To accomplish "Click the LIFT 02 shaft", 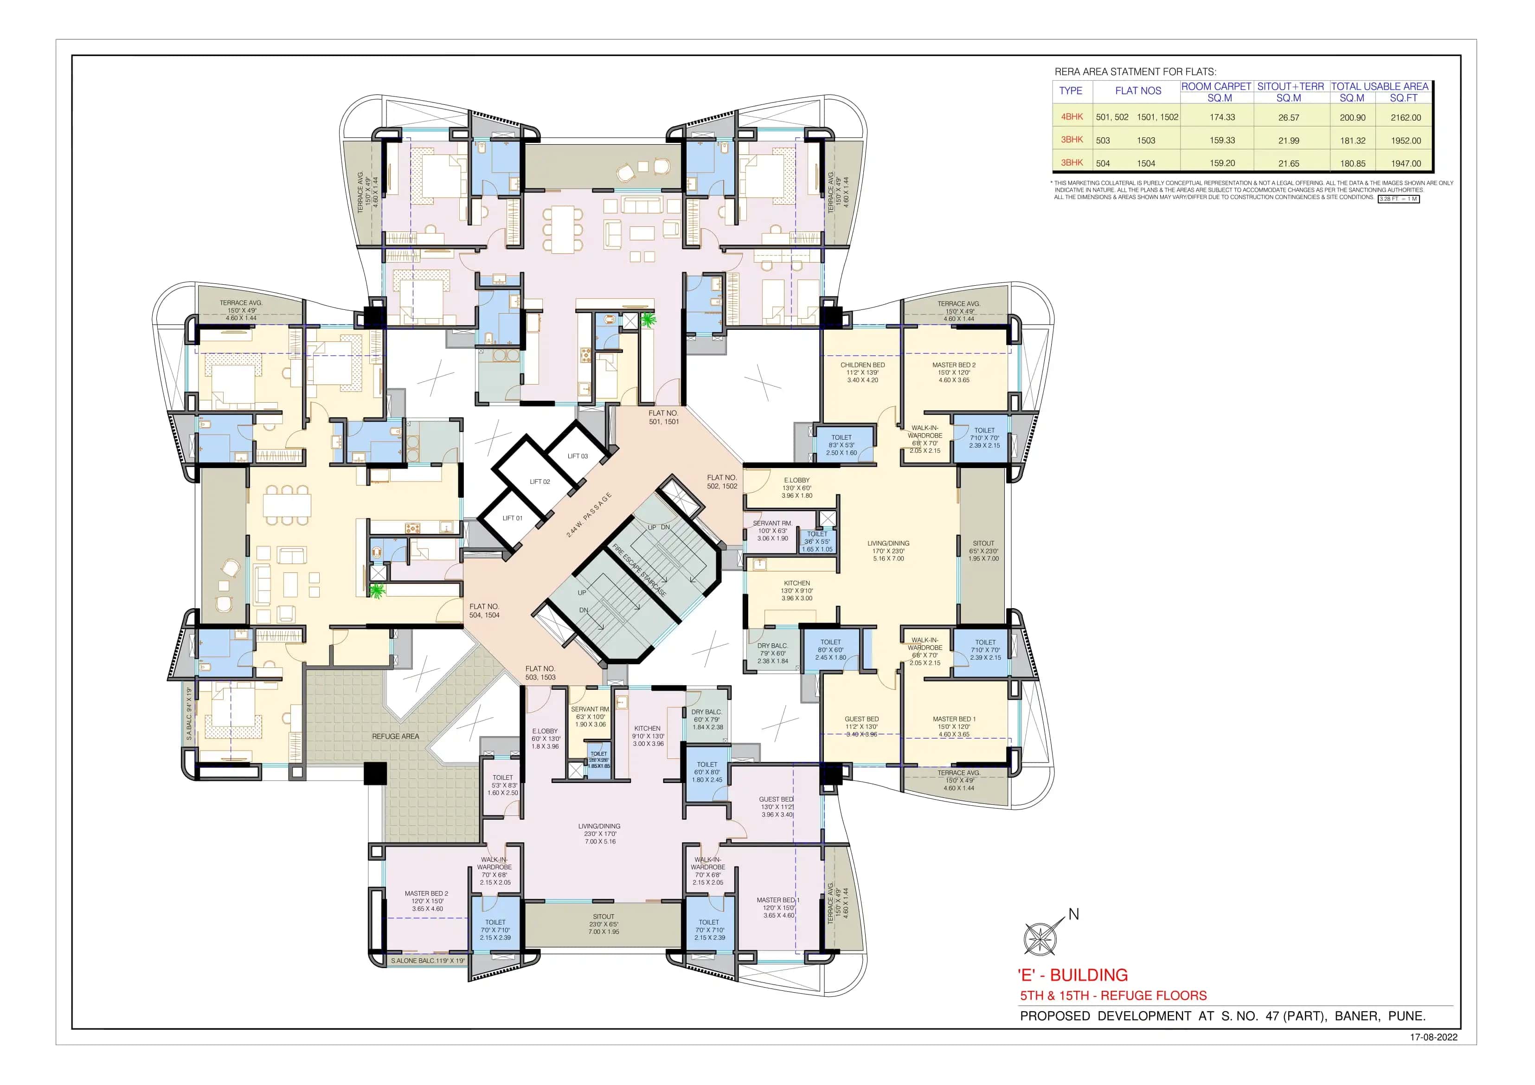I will tap(539, 482).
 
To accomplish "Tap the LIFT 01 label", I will tap(512, 518).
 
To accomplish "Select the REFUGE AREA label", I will tap(395, 736).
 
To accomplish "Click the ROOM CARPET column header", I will tap(1215, 86).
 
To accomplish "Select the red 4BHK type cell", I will tap(1072, 116).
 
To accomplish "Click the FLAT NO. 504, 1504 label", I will tap(484, 610).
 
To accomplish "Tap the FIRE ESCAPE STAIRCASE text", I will tap(640, 570).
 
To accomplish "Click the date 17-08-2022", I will tap(1433, 1037).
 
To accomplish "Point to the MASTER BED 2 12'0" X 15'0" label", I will tap(426, 900).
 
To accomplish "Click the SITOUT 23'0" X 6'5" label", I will tap(603, 924).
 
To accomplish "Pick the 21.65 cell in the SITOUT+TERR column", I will tap(1288, 163).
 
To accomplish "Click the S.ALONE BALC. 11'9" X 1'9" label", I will tap(428, 961).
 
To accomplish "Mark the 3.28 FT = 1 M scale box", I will tap(1398, 199).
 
